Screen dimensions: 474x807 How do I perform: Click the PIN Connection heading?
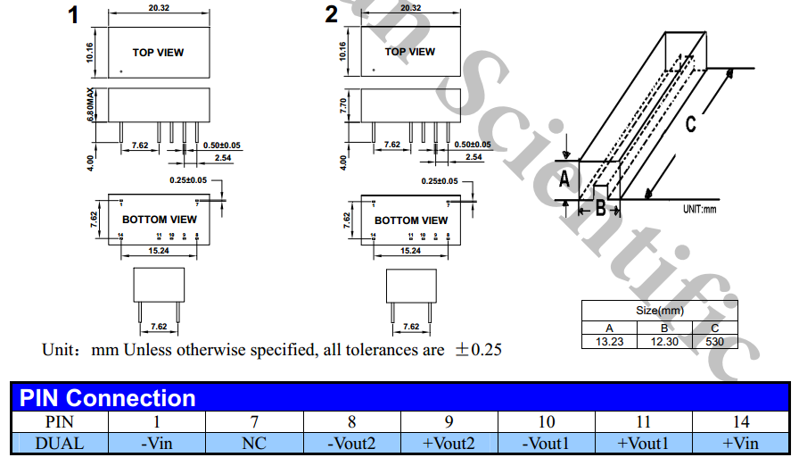pos(108,397)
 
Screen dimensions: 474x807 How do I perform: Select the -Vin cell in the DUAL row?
pos(156,442)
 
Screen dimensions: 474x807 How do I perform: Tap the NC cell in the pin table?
pos(253,442)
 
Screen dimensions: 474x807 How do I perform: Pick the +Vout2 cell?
pos(449,442)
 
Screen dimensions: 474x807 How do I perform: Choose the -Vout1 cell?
pos(546,442)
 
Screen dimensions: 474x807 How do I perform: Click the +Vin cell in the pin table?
pos(740,442)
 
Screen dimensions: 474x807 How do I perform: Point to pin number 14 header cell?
pos(740,421)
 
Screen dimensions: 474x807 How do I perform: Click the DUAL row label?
pos(59,442)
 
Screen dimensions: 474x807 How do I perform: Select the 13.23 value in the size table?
pos(610,341)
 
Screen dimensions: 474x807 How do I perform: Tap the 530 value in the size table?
pos(714,341)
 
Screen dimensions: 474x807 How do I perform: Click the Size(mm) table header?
pos(660,311)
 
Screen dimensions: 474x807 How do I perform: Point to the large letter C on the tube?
pos(691,125)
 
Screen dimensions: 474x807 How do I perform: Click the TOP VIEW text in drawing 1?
pos(159,53)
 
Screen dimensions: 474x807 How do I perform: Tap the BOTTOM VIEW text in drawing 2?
pos(411,220)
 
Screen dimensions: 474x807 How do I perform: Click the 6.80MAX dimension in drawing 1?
pos(91,105)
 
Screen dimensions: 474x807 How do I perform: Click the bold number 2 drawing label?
pos(332,15)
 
